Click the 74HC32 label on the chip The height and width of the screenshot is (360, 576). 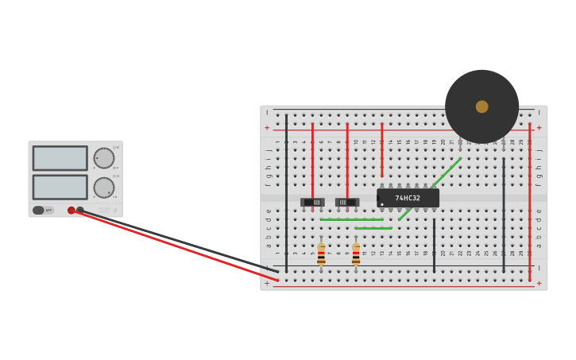[408, 198]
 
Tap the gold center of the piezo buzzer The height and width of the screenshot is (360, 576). [481, 106]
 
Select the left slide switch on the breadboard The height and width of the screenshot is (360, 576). [312, 202]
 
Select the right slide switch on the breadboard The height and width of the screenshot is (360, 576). [347, 202]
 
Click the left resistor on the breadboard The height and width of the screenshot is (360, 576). [321, 254]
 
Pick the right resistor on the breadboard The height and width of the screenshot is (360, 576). [356, 254]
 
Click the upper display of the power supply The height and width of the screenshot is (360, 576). [60, 158]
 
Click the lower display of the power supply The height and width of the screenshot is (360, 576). [60, 187]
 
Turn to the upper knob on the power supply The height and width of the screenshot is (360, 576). [104, 158]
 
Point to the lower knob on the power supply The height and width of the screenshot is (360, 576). [104, 188]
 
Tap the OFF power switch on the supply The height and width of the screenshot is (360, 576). [38, 211]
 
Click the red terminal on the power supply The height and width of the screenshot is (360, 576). [72, 211]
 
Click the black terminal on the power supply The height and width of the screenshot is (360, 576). [80, 211]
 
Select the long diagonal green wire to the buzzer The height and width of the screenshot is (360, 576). [430, 189]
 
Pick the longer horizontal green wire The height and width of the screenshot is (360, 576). [352, 219]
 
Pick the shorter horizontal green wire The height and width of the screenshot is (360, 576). [373, 228]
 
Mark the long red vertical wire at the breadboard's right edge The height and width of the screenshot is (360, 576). [530, 199]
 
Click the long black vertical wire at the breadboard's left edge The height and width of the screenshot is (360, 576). [286, 191]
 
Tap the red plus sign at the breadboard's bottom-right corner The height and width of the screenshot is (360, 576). [539, 283]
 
